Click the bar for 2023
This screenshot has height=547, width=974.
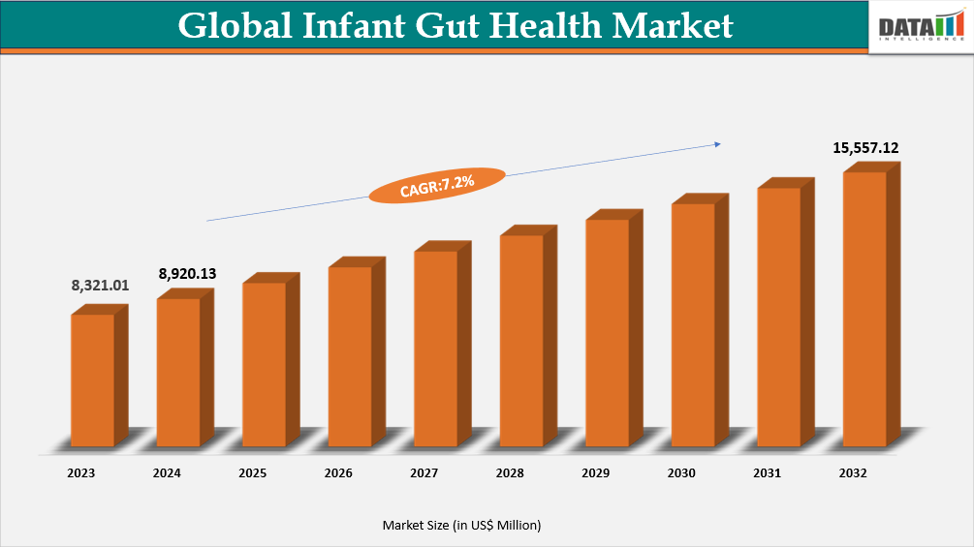coord(93,380)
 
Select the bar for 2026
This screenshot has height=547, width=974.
coord(350,356)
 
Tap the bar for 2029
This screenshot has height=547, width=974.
coord(607,332)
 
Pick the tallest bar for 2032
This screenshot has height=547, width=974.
coord(864,309)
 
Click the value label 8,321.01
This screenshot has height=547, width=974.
coord(100,286)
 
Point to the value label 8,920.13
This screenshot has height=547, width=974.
coord(186,274)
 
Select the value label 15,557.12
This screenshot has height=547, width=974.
coord(865,148)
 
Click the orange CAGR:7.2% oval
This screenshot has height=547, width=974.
coord(437,184)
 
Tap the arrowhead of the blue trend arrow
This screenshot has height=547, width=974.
coord(717,144)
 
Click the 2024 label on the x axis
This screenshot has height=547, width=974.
coord(167,473)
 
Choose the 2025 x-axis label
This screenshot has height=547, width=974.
coord(253,473)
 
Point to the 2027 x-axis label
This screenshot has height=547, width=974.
coord(424,473)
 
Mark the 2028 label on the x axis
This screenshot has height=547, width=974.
coord(510,473)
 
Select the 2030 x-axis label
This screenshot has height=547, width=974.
coord(681,473)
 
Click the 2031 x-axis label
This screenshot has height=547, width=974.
coord(768,473)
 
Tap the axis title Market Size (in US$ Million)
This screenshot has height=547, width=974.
coord(461,525)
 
